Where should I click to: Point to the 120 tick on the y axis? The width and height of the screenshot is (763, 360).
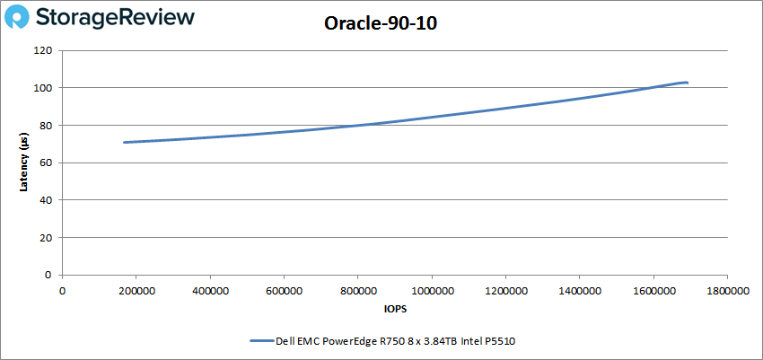tap(42, 50)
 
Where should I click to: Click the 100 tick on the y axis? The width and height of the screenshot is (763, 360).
tap(42, 88)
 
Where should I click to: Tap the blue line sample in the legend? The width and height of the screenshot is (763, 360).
tap(260, 341)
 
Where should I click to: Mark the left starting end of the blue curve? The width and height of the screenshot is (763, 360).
tap(125, 142)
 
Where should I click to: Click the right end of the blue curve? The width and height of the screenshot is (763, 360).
tap(687, 83)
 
